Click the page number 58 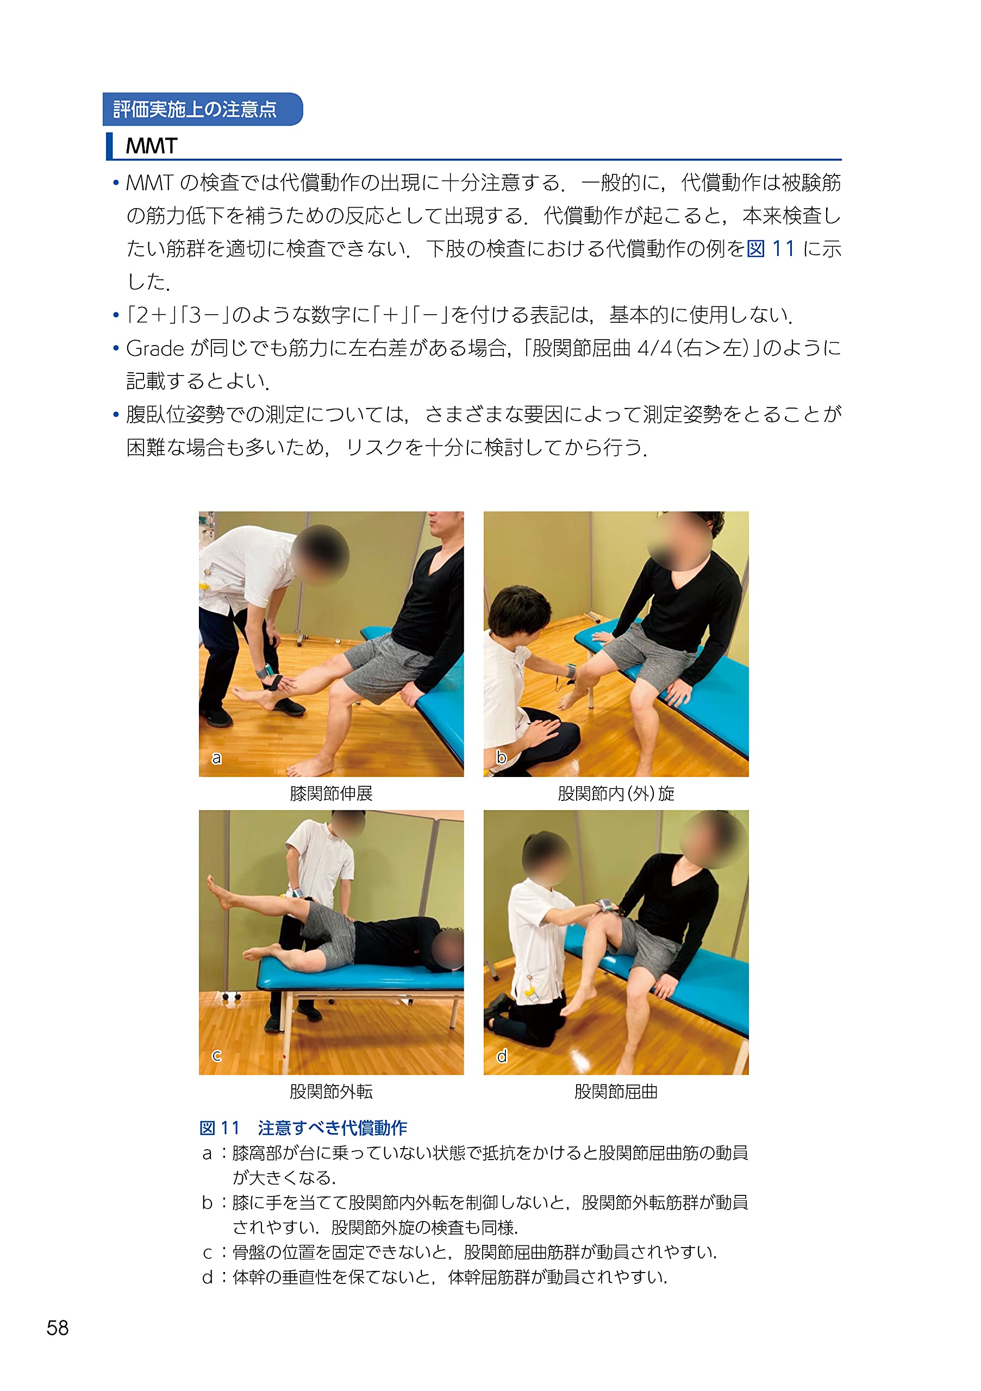coord(58,1328)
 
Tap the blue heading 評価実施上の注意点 coord(195,110)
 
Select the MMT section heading coord(152,146)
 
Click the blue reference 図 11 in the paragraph coord(770,249)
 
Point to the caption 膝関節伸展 coord(331,793)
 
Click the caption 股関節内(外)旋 coord(616,793)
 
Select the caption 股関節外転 coord(331,1092)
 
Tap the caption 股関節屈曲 coord(616,1092)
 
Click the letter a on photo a coord(216,758)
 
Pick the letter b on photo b coord(501,757)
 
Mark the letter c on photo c coord(216,1056)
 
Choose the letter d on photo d coord(502,1056)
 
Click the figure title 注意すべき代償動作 coord(332,1127)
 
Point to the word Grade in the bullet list coord(154,348)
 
